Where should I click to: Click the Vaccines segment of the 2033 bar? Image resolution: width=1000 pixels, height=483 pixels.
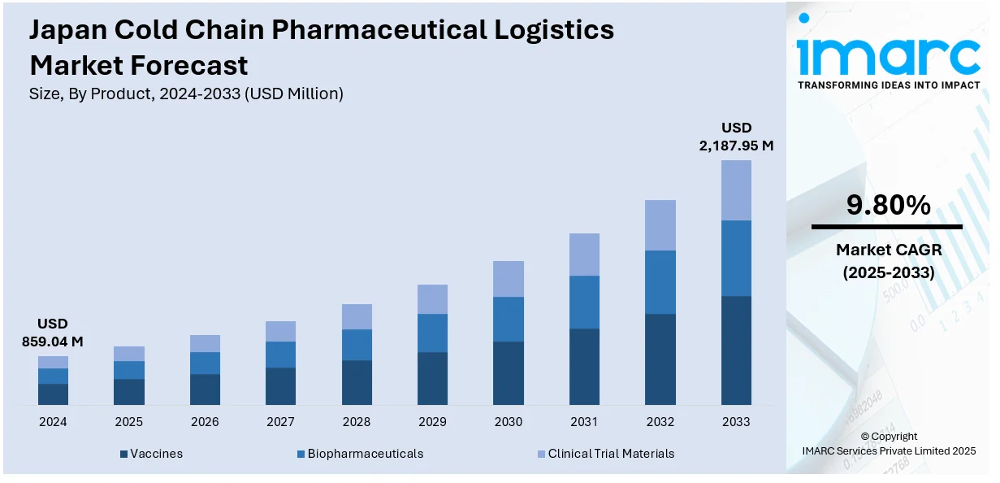pos(736,350)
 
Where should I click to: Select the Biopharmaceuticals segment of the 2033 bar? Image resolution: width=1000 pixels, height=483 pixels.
pos(736,258)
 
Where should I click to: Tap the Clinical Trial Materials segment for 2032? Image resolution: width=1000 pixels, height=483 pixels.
pos(660,225)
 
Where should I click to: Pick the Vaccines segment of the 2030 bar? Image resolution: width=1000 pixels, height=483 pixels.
pos(508,372)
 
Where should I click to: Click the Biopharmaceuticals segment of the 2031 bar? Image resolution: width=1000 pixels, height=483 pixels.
pos(584,302)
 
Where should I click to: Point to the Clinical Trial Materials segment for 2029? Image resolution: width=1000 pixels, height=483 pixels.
pos(432,299)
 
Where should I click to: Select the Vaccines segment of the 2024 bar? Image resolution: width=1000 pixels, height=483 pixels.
pos(53,394)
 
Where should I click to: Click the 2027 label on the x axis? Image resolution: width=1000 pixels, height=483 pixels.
pos(280,422)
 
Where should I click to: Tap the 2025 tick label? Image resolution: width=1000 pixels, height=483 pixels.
pos(128,422)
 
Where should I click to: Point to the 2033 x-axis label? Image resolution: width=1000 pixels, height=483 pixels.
pos(736,422)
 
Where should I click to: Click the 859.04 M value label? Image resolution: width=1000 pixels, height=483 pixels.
pos(53,342)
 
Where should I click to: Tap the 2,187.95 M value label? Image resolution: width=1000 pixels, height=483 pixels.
pos(736,146)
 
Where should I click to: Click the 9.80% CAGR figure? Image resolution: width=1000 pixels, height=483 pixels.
pos(888,206)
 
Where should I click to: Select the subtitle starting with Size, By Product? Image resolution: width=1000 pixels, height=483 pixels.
pos(186,94)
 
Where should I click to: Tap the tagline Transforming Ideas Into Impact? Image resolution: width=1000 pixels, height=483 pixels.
pos(889,85)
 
